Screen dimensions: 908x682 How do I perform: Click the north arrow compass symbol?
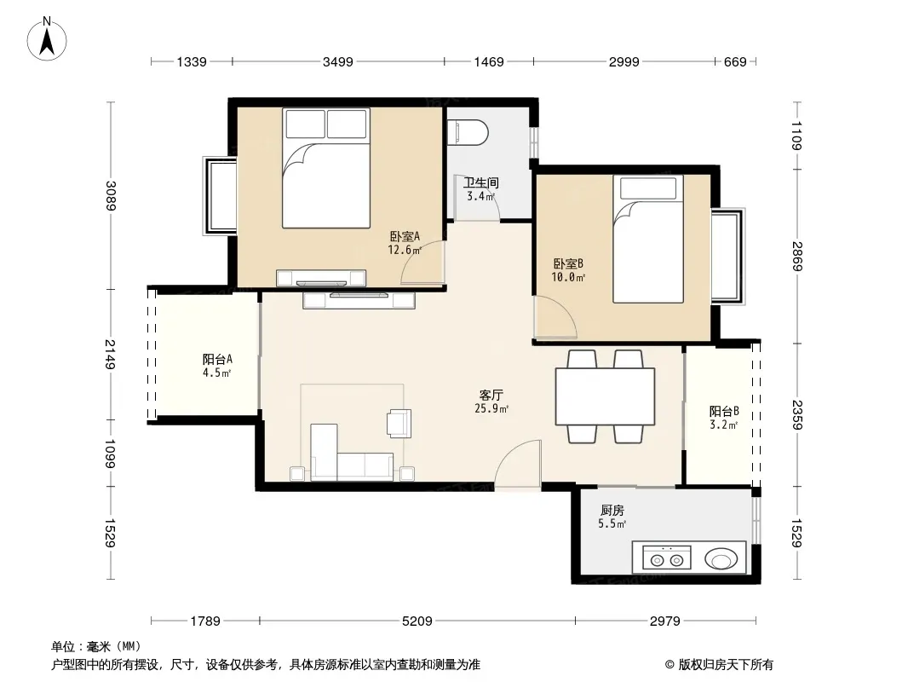point(47,39)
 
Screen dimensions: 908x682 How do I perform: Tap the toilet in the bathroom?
point(468,132)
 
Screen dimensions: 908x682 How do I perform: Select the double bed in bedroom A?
point(326,168)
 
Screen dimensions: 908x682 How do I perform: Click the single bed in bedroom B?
point(648,239)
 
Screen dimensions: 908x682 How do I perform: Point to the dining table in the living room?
point(605,397)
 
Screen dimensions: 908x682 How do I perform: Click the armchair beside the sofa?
point(399,423)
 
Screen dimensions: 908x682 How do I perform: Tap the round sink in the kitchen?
point(721,559)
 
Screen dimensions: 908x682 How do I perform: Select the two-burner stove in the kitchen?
point(667,558)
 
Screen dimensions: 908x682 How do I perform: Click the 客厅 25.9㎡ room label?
point(491,402)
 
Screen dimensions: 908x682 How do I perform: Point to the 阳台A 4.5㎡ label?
point(217,366)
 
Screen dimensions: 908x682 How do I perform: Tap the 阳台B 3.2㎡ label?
point(724,418)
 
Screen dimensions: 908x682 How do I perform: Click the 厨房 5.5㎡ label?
point(612,517)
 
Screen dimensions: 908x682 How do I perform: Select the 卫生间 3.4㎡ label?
point(480,189)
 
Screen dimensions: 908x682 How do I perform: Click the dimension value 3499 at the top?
point(338,61)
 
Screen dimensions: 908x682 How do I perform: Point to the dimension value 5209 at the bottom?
point(417,621)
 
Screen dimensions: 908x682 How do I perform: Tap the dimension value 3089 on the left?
point(111,196)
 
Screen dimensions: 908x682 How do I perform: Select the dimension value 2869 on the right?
point(796,256)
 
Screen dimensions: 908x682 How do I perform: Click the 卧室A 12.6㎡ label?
point(405,243)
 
